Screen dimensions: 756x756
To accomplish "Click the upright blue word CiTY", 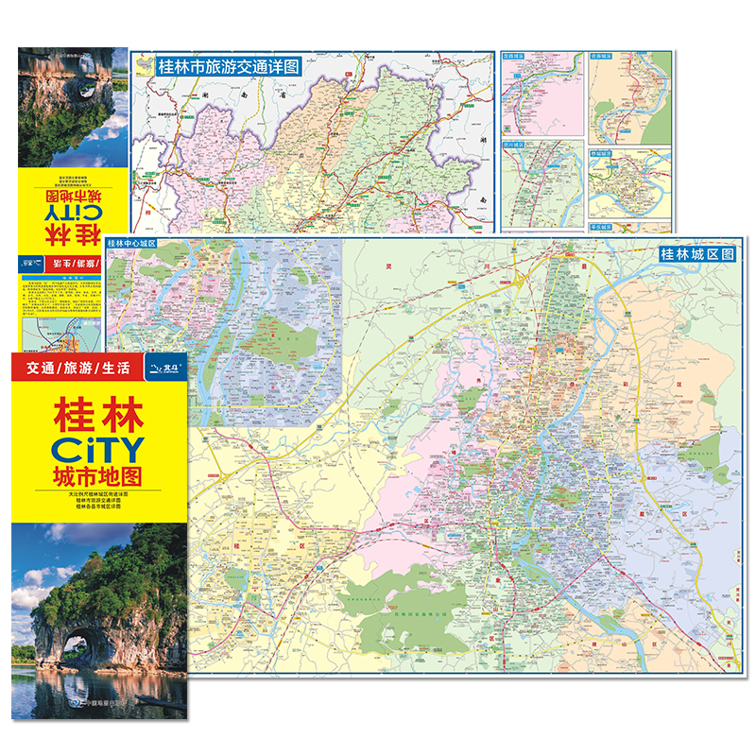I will coord(86,446).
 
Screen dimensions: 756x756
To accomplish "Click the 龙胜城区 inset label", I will coord(515,57).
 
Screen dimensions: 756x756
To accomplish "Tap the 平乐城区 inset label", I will coord(605,228).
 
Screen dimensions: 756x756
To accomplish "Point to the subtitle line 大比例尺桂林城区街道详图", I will coord(86,495).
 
